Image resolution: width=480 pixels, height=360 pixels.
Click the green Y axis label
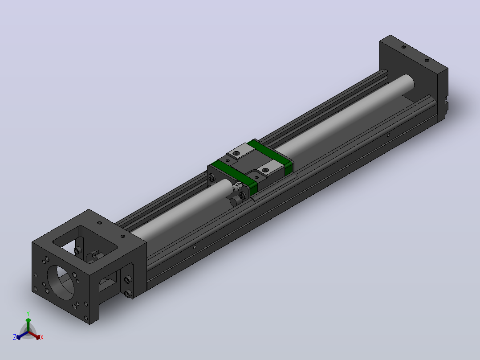[28, 313]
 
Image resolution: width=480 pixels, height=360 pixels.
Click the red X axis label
[42, 337]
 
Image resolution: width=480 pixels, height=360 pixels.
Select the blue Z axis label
[14, 337]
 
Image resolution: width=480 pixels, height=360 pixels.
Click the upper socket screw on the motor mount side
[128, 279]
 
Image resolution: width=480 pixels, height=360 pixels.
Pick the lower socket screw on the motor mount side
[128, 294]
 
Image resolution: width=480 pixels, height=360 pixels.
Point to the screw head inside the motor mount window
[77, 251]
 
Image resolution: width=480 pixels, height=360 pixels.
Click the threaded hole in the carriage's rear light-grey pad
[236, 153]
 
